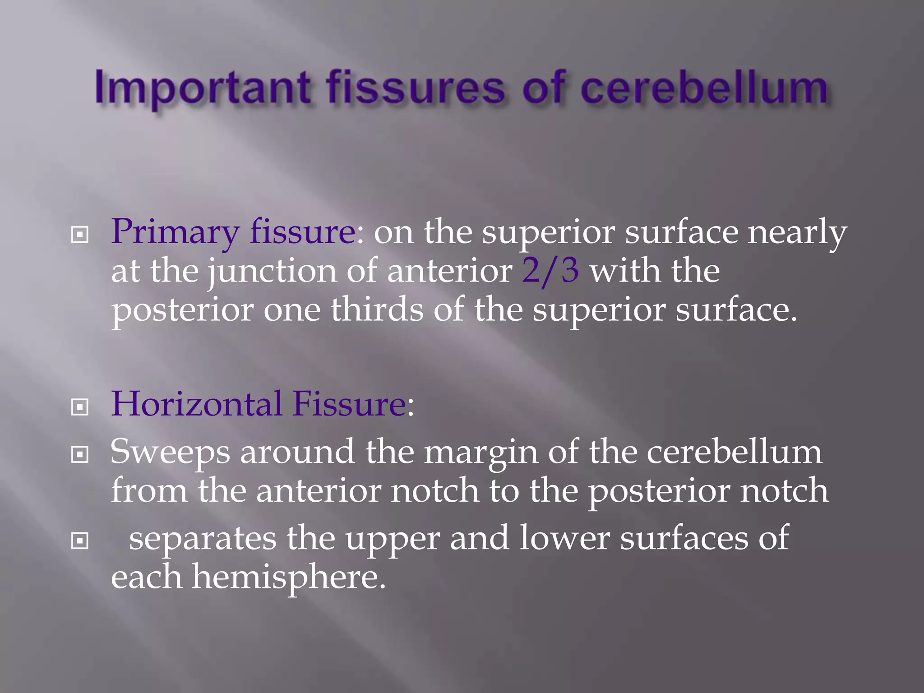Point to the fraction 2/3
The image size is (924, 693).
click(x=550, y=271)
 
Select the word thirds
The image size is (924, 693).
click(x=377, y=310)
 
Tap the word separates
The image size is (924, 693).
click(x=203, y=538)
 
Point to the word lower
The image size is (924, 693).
click(x=564, y=538)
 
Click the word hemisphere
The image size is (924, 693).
click(x=289, y=577)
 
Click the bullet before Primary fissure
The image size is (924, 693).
click(x=80, y=235)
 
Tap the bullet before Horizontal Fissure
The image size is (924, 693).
click(x=80, y=407)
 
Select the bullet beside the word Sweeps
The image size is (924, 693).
click(x=80, y=455)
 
